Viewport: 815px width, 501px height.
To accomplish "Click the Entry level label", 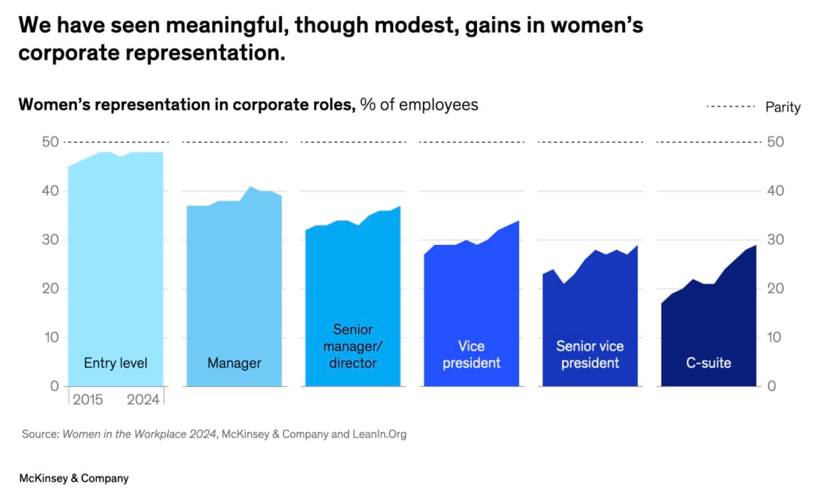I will pos(116,363).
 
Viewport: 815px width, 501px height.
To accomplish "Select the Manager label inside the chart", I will pos(234,363).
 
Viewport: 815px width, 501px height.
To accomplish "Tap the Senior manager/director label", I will pos(353,346).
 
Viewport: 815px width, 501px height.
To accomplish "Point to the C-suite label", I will pos(708,363).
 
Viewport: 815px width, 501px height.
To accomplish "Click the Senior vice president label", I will pos(590,355).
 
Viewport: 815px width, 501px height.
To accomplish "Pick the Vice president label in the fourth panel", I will pos(471,355).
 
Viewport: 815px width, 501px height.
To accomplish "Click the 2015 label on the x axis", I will pos(88,399).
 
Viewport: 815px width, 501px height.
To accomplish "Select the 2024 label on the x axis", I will pos(143,399).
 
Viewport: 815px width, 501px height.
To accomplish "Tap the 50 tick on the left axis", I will pos(50,142).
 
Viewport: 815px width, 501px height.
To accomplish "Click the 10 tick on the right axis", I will pos(774,337).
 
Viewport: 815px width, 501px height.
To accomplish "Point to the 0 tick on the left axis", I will pos(54,386).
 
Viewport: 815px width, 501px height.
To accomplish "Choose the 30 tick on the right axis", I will pos(775,240).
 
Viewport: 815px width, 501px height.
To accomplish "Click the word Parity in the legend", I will pos(783,107).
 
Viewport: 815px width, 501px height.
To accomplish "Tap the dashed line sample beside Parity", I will pos(731,107).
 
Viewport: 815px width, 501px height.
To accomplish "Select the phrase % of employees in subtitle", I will pos(419,105).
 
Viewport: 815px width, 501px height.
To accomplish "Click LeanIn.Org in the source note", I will pos(379,434).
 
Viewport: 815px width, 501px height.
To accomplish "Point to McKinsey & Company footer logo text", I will pos(74,478).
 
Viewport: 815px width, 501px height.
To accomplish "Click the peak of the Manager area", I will pos(251,187).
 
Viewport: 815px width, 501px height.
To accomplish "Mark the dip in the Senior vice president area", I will pos(563,283).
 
